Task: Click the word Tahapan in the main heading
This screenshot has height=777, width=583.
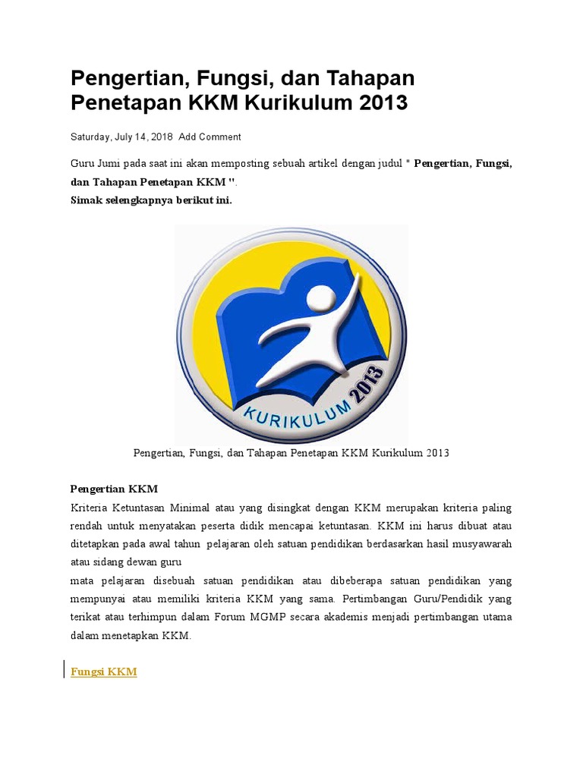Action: point(371,77)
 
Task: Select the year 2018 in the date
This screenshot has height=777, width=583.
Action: point(162,137)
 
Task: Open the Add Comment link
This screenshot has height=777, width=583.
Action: point(210,137)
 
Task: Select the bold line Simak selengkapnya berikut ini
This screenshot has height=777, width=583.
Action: point(151,201)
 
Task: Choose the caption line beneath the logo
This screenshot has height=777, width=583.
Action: point(291,453)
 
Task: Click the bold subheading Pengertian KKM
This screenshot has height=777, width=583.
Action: point(114,489)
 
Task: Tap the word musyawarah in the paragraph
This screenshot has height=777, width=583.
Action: point(478,544)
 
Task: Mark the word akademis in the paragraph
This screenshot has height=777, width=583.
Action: point(338,617)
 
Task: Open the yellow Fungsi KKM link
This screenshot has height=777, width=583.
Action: point(104,672)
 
